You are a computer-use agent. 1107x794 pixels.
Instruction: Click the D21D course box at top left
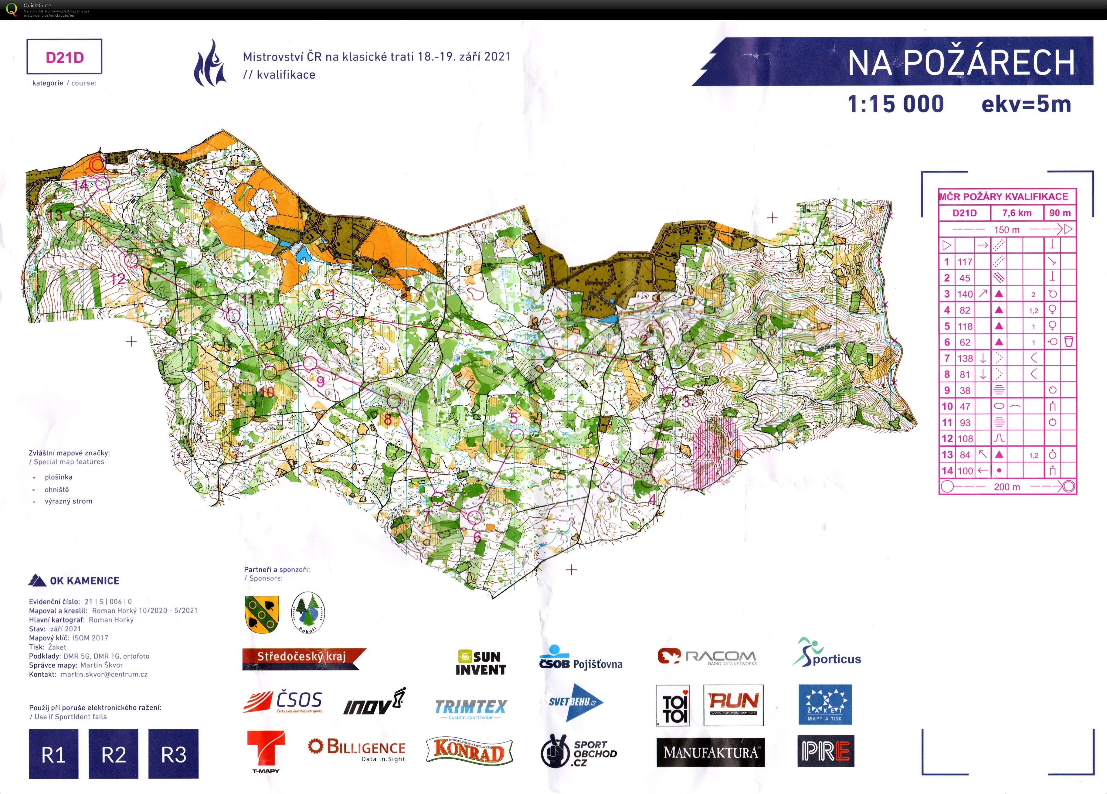click(x=64, y=57)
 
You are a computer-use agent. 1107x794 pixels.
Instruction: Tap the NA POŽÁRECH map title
click(x=961, y=63)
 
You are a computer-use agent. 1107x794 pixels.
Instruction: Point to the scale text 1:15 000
click(x=896, y=104)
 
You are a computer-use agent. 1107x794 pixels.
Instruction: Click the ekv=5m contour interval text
click(x=1026, y=104)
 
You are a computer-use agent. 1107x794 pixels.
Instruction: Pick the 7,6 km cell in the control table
click(x=1017, y=213)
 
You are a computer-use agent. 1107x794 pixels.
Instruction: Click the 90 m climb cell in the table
click(x=1060, y=213)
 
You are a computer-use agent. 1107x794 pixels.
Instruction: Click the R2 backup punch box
click(x=113, y=754)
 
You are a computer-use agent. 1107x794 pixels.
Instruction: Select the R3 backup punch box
click(x=173, y=754)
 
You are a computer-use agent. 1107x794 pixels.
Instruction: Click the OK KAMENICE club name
click(x=84, y=581)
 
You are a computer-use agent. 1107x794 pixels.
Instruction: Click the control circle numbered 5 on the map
click(x=517, y=436)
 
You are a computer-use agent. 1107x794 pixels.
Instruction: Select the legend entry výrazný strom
click(x=68, y=501)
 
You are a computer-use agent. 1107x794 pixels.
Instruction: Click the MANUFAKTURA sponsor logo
click(x=710, y=752)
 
